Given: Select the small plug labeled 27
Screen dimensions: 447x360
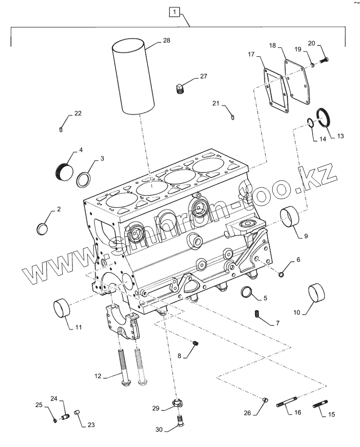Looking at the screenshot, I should click(x=179, y=89).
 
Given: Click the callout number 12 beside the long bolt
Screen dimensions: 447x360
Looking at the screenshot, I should click(x=99, y=375).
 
